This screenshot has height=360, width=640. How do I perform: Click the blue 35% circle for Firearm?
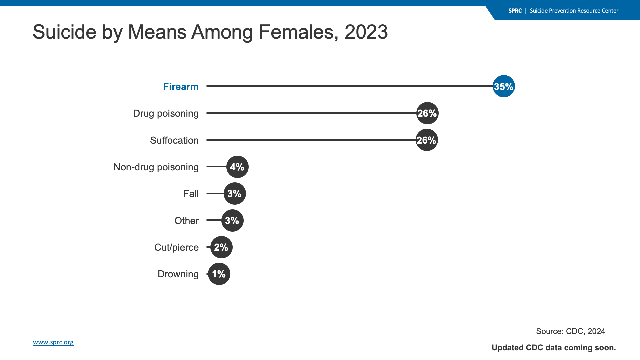pyautogui.click(x=504, y=86)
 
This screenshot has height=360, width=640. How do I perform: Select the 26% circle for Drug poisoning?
pyautogui.click(x=427, y=113)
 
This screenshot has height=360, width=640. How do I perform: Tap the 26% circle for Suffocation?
pyautogui.click(x=427, y=140)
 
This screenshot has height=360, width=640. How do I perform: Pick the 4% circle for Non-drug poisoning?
pyautogui.click(x=237, y=167)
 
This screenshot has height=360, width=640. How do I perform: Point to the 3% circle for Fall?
pyautogui.click(x=235, y=194)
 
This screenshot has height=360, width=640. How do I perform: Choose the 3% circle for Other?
pyautogui.click(x=232, y=220)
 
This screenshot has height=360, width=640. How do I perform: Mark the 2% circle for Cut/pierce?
pyautogui.click(x=221, y=247)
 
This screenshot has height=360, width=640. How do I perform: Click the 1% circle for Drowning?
pyautogui.click(x=219, y=274)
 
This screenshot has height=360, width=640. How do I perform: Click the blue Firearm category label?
pyautogui.click(x=181, y=87)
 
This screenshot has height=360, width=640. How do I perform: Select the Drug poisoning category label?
pyautogui.click(x=166, y=114)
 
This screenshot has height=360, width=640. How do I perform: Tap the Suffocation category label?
pyautogui.click(x=174, y=140)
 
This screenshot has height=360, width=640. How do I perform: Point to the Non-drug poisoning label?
pyautogui.click(x=156, y=167)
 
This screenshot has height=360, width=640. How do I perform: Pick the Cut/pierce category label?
pyautogui.click(x=176, y=247)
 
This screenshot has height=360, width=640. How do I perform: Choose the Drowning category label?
pyautogui.click(x=178, y=274)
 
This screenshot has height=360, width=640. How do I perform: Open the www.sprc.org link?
pyautogui.click(x=53, y=342)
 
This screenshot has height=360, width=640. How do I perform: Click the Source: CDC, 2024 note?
pyautogui.click(x=571, y=331)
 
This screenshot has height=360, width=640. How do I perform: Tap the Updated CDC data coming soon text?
pyautogui.click(x=554, y=348)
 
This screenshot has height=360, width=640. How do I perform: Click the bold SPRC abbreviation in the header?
pyautogui.click(x=515, y=11)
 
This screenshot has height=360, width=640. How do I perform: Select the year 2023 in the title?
pyautogui.click(x=366, y=32)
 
